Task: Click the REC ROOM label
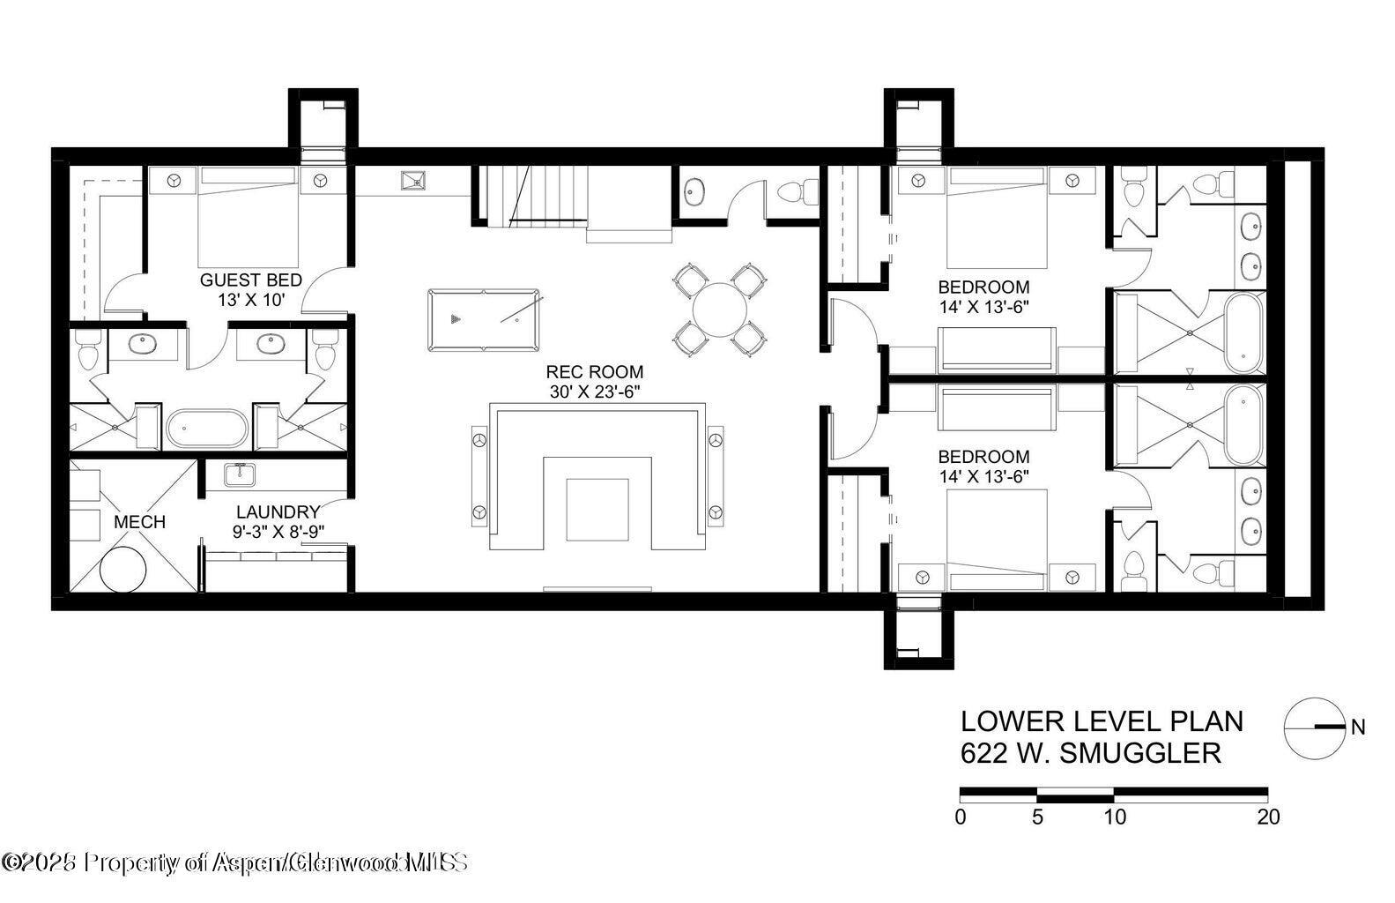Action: coord(594,372)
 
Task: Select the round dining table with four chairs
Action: coord(719,310)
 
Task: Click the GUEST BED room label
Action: coord(250,280)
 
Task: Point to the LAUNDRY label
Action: coord(277,512)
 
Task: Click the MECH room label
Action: coord(139,522)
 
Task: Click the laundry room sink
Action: coord(239,475)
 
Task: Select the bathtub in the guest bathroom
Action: coord(207,429)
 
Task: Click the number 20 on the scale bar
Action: coord(1268,817)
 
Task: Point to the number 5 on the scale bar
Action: coord(1037,817)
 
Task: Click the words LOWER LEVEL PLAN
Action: coord(1102,721)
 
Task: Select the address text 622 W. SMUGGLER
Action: coord(1091,754)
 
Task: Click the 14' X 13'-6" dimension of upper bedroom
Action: coord(983,308)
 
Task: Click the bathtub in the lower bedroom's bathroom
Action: coord(1244,426)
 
